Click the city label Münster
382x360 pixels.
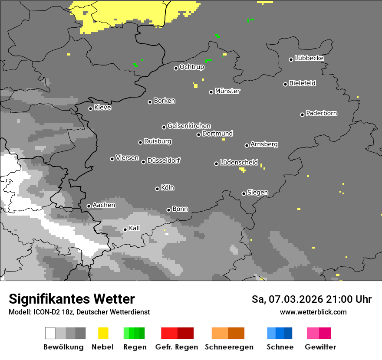[x=227, y=91]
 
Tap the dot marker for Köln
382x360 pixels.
[x=157, y=189]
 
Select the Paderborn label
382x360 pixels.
[x=321, y=113]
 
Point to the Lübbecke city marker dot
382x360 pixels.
[x=291, y=59]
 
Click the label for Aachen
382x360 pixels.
[x=104, y=205]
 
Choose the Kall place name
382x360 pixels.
[x=134, y=228]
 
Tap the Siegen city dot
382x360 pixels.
[x=244, y=193]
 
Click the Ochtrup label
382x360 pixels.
[x=191, y=67]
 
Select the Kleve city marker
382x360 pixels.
[x=90, y=108]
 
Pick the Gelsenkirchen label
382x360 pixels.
[x=189, y=126]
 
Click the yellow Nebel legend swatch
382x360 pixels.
[x=103, y=333]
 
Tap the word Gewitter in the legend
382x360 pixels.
[x=320, y=347]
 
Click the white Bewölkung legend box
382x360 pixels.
[x=50, y=333]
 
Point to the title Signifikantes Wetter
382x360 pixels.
[x=72, y=299]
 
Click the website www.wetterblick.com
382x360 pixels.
[x=313, y=312]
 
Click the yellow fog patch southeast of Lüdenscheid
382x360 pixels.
[x=242, y=170]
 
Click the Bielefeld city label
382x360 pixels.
[x=302, y=83]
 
